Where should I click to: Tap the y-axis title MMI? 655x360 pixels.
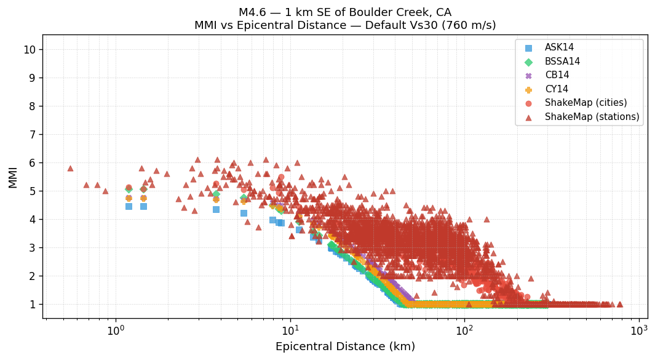13,177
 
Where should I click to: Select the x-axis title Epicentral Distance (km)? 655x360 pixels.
345,346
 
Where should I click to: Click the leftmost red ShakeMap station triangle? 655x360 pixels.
70,168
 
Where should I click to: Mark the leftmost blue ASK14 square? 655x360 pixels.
129,206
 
